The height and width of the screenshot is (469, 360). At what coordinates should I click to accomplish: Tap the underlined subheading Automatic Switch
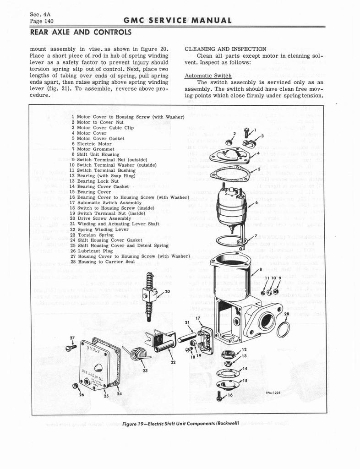click(x=205, y=76)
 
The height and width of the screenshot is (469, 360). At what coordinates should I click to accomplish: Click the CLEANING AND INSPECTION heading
click(x=225, y=49)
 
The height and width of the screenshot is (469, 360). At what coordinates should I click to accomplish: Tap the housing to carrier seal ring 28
click(x=283, y=329)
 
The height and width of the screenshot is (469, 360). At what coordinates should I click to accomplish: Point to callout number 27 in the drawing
click(x=71, y=339)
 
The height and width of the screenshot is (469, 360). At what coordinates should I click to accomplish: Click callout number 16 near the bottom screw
click(x=231, y=394)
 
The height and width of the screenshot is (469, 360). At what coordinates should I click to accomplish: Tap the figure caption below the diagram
click(x=180, y=422)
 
